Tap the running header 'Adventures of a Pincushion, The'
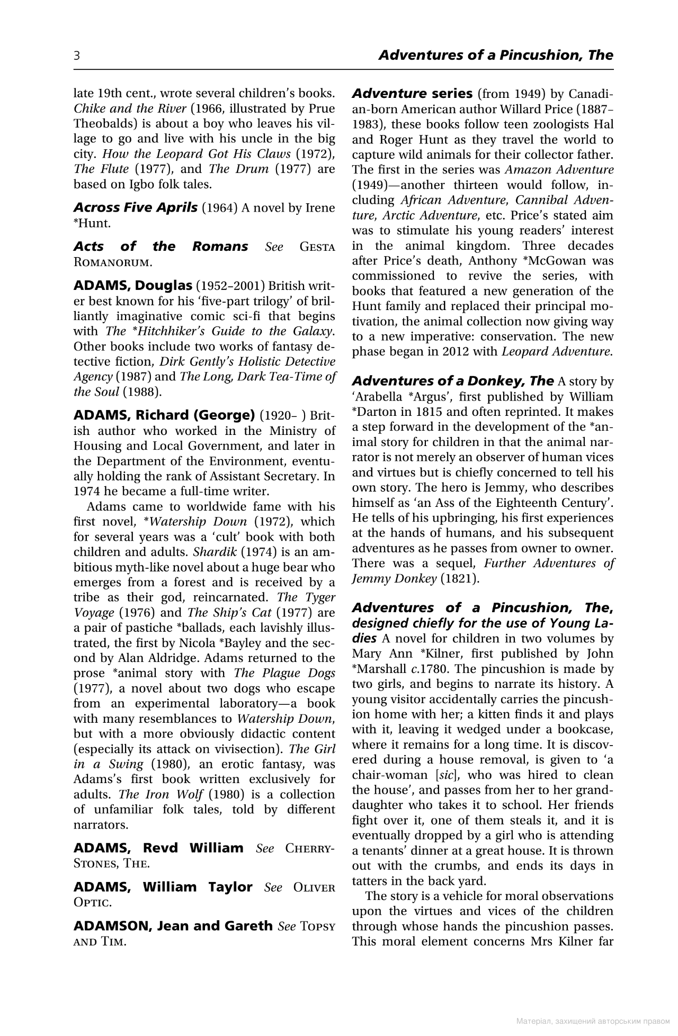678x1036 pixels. pyautogui.click(x=496, y=56)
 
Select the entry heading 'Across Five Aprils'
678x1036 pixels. pyautogui.click(x=135, y=207)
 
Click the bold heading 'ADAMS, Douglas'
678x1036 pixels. pyautogui.click(x=132, y=286)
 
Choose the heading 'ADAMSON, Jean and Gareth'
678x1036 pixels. pyautogui.click(x=173, y=926)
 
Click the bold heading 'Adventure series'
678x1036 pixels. pyautogui.click(x=412, y=94)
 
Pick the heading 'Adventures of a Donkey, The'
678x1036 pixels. pyautogui.click(x=453, y=381)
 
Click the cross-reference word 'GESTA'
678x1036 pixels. pyautogui.click(x=317, y=247)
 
